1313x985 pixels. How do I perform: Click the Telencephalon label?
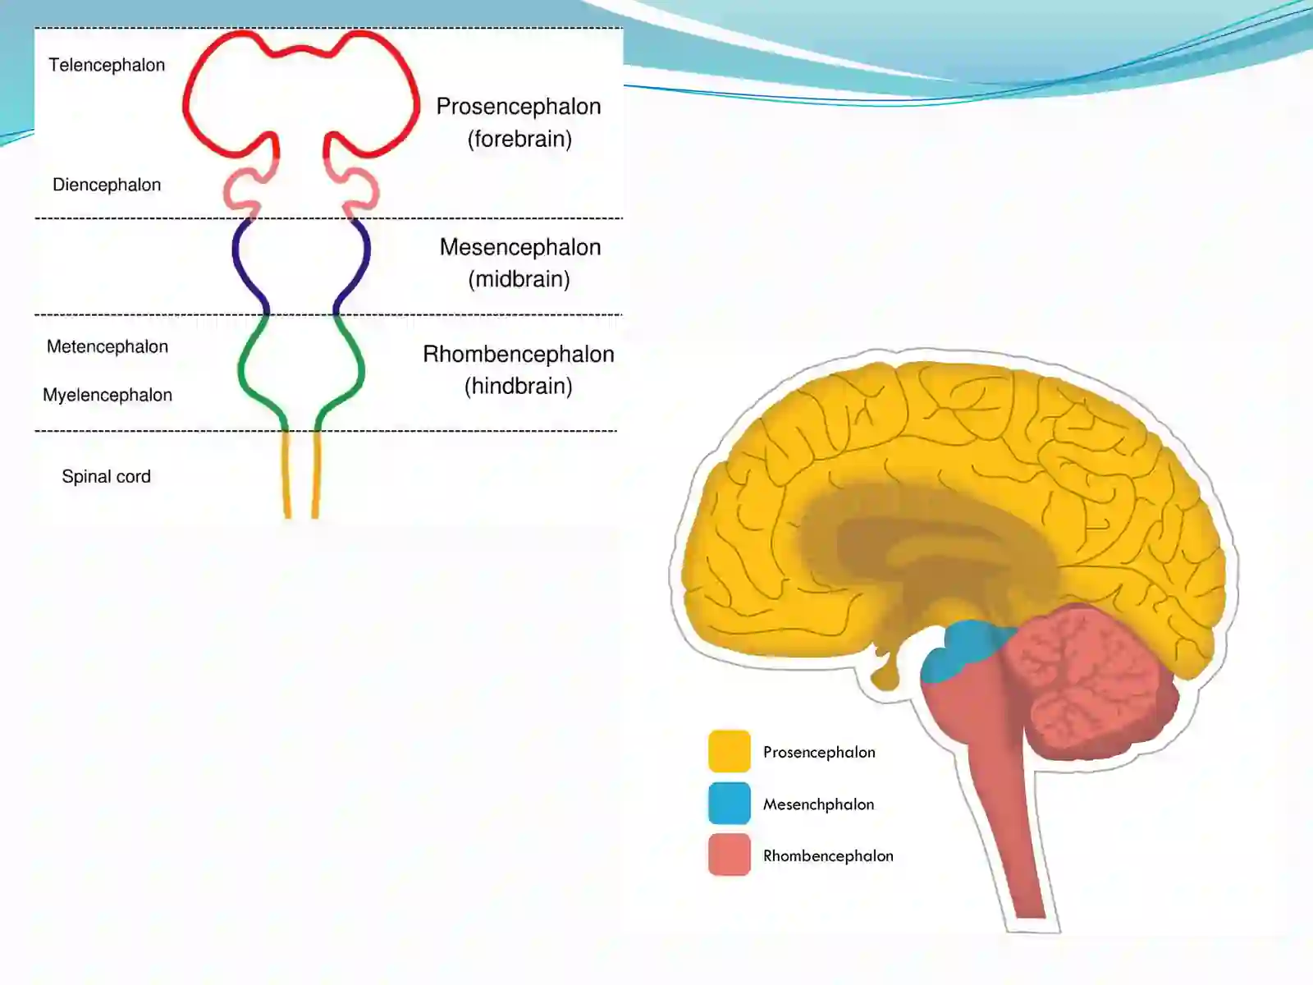click(107, 65)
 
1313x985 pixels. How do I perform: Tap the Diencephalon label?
click(107, 185)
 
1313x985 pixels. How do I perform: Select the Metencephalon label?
click(107, 347)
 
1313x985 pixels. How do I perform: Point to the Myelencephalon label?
click(107, 396)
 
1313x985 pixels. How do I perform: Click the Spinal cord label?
click(106, 477)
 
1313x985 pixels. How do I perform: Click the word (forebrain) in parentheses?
click(519, 140)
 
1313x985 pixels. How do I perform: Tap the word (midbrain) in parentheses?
click(519, 279)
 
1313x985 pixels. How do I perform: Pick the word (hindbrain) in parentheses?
click(518, 387)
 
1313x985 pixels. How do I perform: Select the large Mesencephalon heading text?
click(519, 247)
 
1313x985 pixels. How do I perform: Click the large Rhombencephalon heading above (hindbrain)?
click(518, 354)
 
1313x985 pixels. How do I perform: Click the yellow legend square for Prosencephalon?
click(730, 751)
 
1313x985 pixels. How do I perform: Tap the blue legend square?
click(730, 804)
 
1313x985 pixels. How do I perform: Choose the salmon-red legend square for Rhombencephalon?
click(730, 854)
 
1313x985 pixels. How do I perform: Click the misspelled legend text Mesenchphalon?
click(818, 804)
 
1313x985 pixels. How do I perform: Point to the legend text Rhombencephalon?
click(828, 856)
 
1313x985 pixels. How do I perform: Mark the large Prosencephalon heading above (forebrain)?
click(518, 107)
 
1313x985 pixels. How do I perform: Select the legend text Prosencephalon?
click(819, 753)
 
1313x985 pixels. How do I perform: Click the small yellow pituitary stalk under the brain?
click(885, 671)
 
